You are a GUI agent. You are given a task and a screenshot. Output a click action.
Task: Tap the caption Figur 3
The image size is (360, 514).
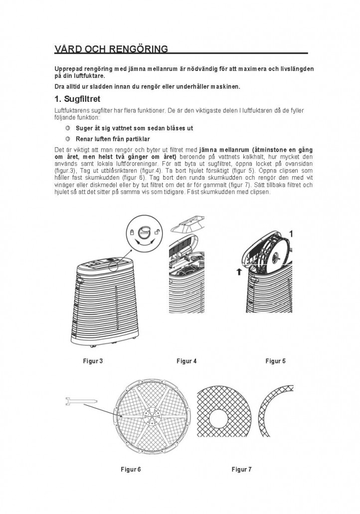click(93, 361)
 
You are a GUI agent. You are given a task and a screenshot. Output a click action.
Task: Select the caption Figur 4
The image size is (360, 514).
click(186, 361)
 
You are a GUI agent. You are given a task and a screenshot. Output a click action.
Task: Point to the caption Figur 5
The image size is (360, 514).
click(275, 361)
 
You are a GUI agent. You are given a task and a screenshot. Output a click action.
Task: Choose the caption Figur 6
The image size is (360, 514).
click(131, 469)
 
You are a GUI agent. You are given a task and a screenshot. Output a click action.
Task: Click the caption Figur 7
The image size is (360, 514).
click(241, 469)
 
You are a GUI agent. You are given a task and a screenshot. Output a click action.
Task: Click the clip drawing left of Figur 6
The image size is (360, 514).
click(80, 400)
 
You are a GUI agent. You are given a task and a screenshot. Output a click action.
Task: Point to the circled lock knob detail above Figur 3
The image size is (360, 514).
click(144, 232)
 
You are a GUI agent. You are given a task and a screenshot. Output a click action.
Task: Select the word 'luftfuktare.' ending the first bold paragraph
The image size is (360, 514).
click(83, 76)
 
